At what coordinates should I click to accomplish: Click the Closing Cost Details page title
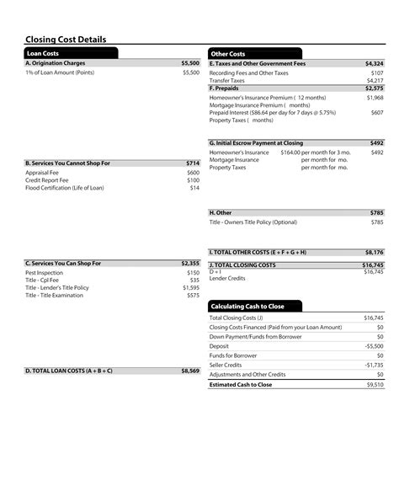66,40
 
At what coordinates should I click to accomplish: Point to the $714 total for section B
193,163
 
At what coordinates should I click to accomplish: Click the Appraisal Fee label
41,173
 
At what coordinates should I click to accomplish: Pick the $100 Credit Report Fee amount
193,180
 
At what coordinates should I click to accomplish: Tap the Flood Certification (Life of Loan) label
65,188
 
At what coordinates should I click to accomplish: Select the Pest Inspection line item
44,273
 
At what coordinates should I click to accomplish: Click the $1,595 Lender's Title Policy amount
191,288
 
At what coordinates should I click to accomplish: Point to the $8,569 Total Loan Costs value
190,371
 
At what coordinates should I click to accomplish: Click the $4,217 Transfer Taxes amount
375,81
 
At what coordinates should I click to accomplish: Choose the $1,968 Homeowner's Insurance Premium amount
375,98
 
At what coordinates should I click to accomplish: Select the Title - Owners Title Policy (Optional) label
253,222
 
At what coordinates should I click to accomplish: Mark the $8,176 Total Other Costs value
374,252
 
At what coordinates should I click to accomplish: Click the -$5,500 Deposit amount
374,346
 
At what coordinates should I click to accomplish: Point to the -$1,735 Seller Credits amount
374,365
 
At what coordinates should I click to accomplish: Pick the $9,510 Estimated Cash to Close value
375,384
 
